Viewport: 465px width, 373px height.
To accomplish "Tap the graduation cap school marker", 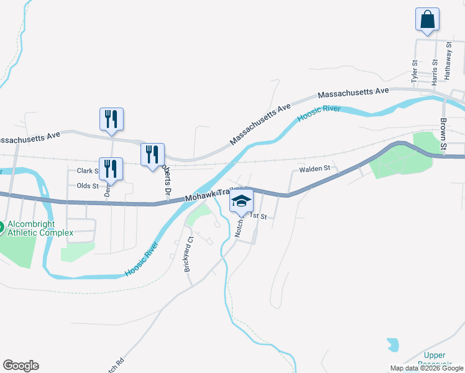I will (x=241, y=201).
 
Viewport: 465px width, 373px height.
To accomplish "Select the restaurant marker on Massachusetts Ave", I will (x=111, y=119).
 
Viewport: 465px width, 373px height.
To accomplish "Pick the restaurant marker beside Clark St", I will (x=111, y=168).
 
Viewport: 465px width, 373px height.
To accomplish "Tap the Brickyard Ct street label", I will (x=188, y=253).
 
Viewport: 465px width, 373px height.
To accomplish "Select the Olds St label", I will (x=88, y=186).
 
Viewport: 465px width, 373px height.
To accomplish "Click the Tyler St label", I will (x=415, y=71).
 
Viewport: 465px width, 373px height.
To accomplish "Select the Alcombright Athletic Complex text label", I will (x=40, y=228).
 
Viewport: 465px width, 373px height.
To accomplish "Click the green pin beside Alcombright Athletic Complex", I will (x=1, y=227).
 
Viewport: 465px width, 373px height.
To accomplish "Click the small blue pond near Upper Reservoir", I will (x=392, y=344).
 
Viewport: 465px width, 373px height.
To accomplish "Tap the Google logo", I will (x=21, y=366).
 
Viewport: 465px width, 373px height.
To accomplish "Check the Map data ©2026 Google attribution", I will (x=426, y=368).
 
